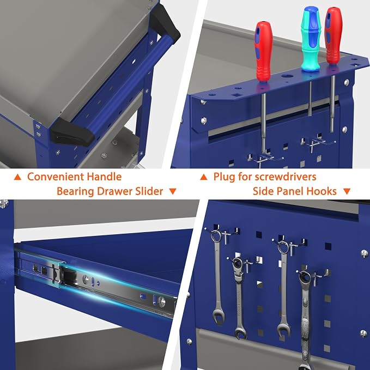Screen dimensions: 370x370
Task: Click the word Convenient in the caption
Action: coord(56,177)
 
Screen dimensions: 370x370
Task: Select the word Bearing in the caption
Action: coord(75,191)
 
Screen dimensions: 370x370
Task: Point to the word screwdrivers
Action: coord(286,177)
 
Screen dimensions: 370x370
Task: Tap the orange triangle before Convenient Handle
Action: coord(17,177)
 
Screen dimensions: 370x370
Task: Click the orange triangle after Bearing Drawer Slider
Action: coord(173,191)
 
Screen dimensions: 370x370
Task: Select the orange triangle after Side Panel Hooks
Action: coord(347,191)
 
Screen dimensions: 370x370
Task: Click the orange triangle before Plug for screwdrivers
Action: coord(204,177)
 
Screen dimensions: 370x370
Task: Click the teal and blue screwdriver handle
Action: coord(311,39)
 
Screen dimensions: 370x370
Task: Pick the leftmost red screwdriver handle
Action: coord(264,51)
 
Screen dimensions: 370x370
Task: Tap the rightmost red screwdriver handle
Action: coord(333,35)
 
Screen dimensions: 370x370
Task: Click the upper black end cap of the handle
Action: coord(165,25)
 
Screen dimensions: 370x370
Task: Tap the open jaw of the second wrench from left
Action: coord(240,333)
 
